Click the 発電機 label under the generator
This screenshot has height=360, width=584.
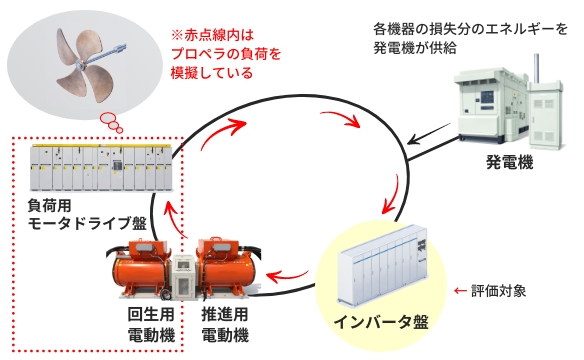[x=510, y=162]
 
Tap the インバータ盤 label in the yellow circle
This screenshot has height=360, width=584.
[x=381, y=322]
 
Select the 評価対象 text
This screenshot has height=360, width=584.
[x=499, y=290]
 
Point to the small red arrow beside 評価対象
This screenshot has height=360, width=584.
[x=461, y=291]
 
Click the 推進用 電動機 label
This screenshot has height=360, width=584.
[x=225, y=325]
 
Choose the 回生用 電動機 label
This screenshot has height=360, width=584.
[x=151, y=325]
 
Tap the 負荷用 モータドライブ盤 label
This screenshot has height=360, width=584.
[x=87, y=214]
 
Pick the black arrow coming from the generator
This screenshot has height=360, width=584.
[x=431, y=134]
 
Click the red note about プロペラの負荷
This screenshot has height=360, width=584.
[x=226, y=54]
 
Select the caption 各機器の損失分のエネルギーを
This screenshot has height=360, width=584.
[x=470, y=29]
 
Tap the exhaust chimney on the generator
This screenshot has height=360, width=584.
[x=536, y=69]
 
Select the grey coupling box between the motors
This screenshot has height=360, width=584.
[x=185, y=277]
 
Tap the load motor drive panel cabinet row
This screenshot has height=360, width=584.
[x=102, y=168]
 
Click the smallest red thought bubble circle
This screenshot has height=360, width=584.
[x=119, y=130]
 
